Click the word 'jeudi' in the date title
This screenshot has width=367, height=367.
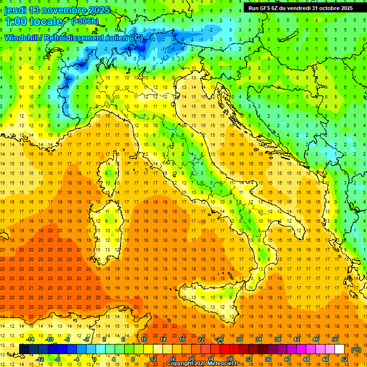[15, 10]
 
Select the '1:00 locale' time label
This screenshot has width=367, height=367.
[33, 22]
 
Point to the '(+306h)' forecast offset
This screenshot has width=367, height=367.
[85, 22]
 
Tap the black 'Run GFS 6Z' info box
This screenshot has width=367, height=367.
[300, 8]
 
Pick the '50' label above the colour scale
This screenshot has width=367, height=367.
[335, 339]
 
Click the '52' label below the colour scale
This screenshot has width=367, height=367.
[345, 359]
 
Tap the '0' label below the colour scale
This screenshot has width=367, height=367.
[95, 359]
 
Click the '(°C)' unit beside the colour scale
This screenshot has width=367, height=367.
[356, 349]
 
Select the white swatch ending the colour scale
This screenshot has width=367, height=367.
[340, 349]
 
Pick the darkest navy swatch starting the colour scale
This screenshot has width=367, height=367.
[24, 349]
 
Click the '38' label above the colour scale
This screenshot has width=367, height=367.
[277, 339]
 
